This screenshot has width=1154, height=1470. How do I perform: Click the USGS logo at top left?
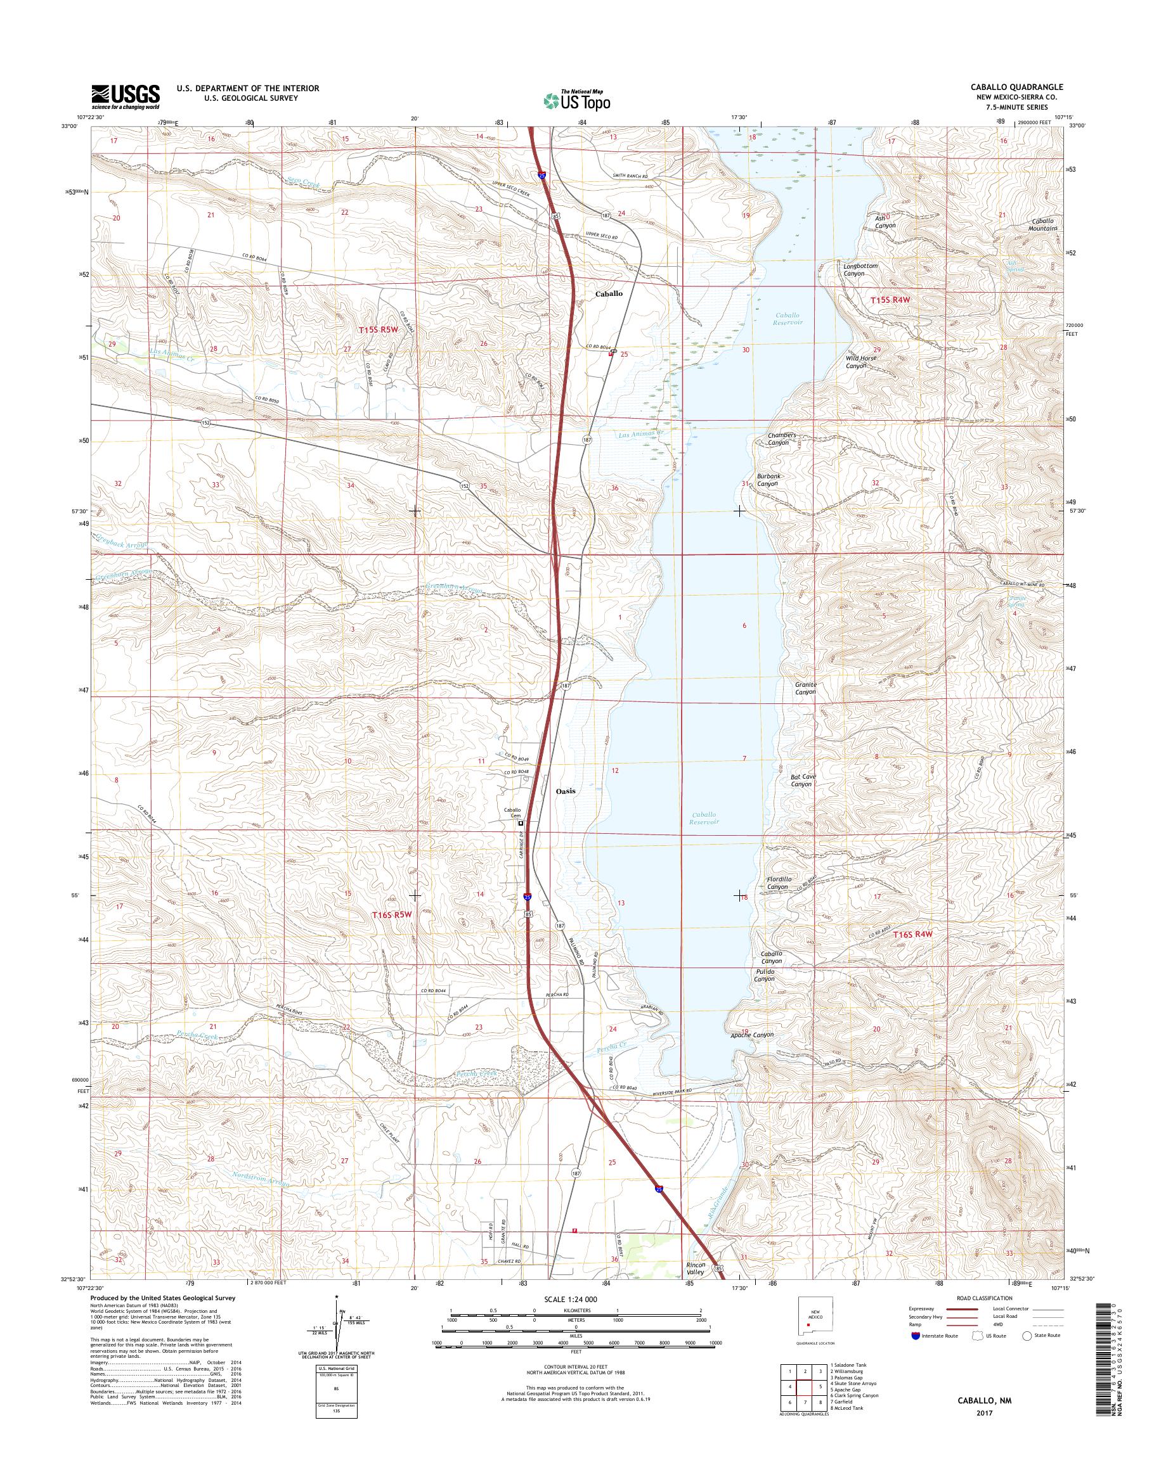(126, 97)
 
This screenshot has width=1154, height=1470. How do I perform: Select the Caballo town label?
(609, 294)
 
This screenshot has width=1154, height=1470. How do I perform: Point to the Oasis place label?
(566, 791)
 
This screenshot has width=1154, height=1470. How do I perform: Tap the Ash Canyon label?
(885, 222)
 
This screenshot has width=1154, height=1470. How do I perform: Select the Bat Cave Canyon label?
(803, 781)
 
